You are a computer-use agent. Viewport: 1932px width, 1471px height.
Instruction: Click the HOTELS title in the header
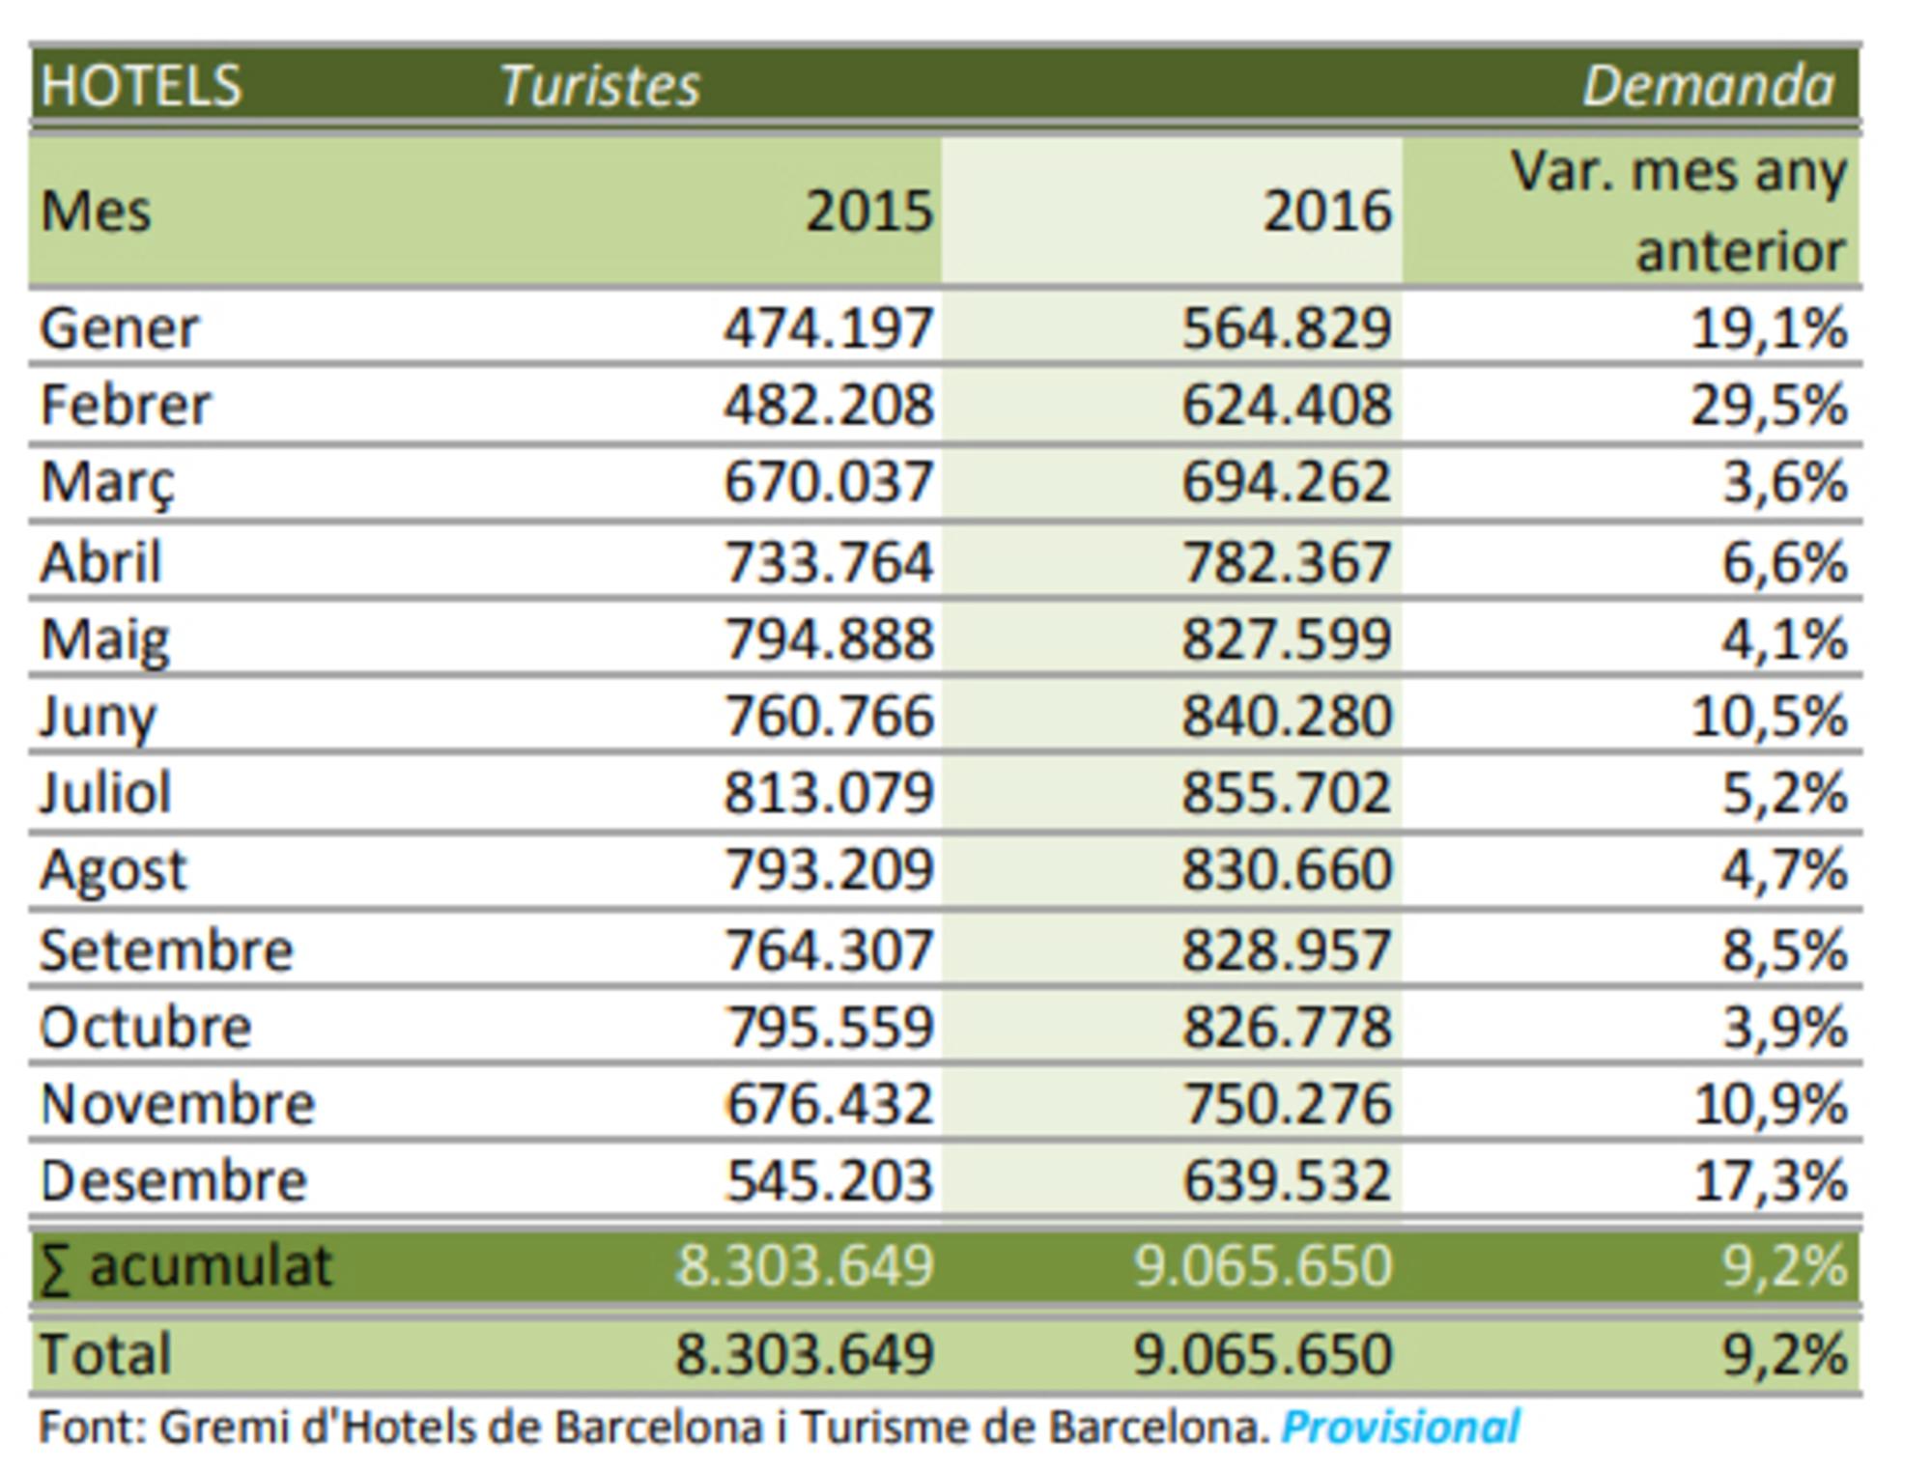(141, 85)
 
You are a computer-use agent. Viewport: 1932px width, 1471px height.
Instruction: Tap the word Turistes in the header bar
(599, 85)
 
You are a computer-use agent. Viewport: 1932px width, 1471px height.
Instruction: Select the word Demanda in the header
(1707, 85)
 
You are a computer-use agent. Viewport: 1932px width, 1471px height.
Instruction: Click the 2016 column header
(1326, 211)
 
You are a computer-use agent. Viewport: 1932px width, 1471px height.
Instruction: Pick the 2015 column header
(868, 211)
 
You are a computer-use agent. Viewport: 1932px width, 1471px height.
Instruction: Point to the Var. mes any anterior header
(1679, 211)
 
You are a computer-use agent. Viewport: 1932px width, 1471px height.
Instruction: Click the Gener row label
(119, 327)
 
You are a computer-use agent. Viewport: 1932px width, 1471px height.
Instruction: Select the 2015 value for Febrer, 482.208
(829, 405)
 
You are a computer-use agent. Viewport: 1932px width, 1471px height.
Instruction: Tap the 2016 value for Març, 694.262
(1287, 482)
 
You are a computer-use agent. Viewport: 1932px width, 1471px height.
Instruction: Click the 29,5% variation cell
(1768, 405)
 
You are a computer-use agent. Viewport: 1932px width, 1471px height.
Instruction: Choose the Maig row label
(104, 639)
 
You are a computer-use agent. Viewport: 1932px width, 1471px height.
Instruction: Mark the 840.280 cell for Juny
(1287, 717)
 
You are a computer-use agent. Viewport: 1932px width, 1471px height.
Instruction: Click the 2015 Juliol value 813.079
(829, 793)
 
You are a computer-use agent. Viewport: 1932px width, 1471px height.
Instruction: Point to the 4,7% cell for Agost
(1783, 870)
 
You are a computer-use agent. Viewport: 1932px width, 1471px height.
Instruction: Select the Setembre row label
(165, 949)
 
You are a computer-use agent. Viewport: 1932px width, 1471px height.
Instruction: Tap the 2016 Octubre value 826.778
(1287, 1026)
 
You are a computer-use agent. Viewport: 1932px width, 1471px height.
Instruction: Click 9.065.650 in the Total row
(1262, 1353)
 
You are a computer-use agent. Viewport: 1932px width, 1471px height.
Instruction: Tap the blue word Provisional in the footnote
(1400, 1427)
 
